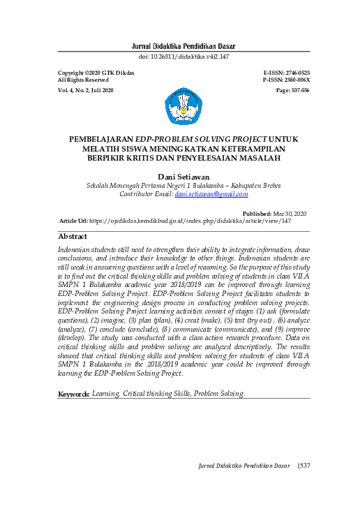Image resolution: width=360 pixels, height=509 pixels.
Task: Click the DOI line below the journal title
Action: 184,57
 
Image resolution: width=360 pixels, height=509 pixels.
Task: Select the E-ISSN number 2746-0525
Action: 297,73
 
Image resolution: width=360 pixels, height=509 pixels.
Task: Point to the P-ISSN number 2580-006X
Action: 297,80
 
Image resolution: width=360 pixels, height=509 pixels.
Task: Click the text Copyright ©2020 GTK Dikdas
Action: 96,73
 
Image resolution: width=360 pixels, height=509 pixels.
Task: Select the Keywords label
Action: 74,394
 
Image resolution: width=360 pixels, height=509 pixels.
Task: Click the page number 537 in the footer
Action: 303,465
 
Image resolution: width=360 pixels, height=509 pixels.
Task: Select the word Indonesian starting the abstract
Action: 79,249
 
